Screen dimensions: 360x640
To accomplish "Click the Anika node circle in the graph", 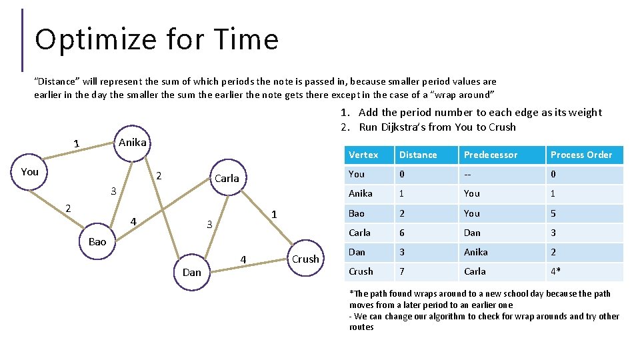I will (132, 143).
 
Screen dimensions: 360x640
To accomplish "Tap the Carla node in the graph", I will (227, 178).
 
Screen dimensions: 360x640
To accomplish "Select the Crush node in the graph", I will (305, 259).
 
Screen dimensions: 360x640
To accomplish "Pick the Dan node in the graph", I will (191, 272).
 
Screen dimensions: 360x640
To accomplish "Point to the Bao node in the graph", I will (97, 241).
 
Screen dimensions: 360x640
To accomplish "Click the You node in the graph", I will (30, 171).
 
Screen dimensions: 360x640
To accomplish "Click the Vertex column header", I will (363, 155).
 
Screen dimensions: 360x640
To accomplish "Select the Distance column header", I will (418, 155).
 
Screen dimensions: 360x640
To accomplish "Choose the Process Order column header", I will (581, 155).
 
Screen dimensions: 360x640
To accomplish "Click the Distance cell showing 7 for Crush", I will (401, 271).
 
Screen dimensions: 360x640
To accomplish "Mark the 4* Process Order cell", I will (556, 271).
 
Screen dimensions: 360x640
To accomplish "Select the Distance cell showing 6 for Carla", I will (401, 233).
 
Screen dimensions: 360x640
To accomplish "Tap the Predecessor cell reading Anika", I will (476, 252).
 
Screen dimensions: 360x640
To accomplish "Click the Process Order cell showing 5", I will (553, 213).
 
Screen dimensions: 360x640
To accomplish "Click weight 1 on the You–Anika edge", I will (76, 144).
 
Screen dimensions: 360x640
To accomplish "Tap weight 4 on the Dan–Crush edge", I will (243, 259).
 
